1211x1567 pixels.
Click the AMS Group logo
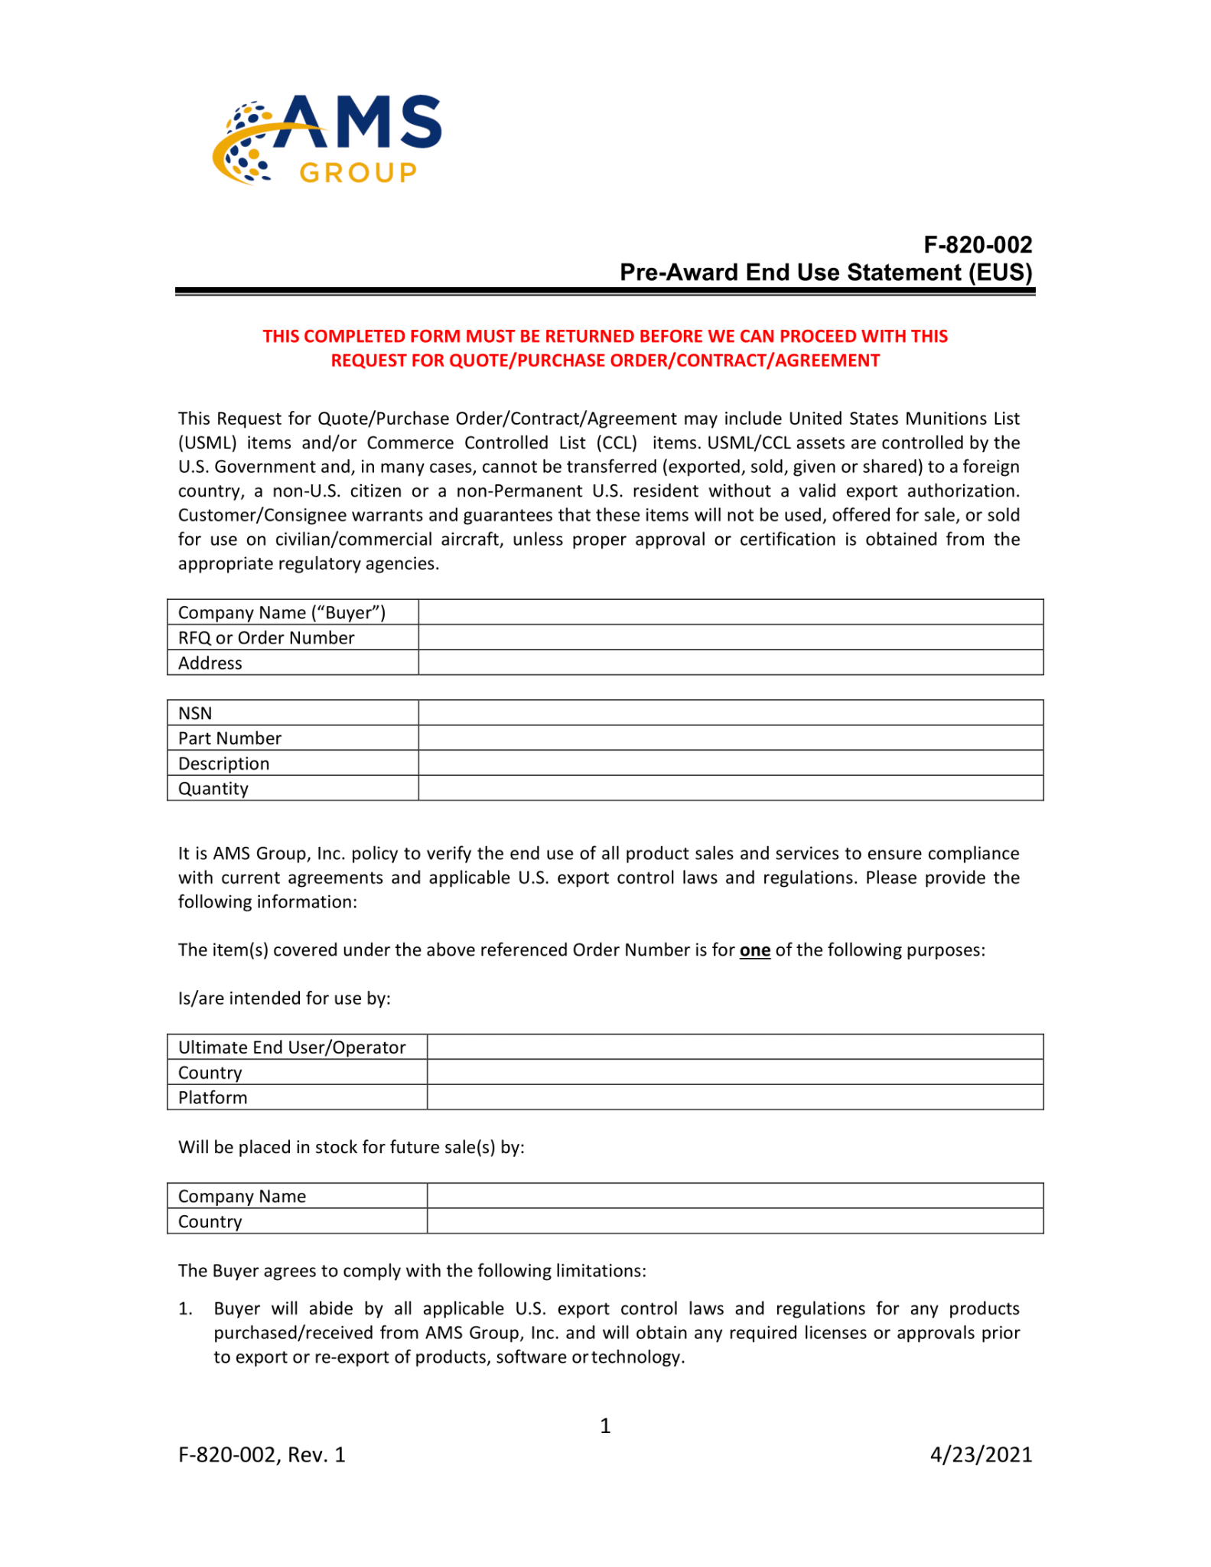click(327, 139)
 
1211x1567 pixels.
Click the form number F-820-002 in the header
click(977, 245)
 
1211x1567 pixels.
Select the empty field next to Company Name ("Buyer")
click(730, 612)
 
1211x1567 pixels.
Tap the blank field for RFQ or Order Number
click(730, 637)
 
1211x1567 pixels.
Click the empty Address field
click(730, 663)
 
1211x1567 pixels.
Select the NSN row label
click(195, 713)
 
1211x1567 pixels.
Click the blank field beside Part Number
click(730, 738)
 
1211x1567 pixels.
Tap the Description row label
click(223, 764)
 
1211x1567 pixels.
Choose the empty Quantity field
click(730, 788)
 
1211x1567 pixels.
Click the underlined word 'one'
click(754, 950)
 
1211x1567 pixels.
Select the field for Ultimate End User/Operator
click(734, 1047)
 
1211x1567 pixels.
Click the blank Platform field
click(734, 1097)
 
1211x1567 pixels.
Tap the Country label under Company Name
click(210, 1221)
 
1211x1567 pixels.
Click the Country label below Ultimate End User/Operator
click(210, 1073)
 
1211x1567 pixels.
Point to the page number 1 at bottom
click(605, 1425)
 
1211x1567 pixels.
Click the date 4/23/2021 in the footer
click(981, 1455)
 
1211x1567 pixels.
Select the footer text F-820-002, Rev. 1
click(262, 1455)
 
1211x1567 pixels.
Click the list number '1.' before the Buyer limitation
click(185, 1309)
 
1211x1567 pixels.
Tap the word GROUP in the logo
click(358, 173)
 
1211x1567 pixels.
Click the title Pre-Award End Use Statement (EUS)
click(825, 272)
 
